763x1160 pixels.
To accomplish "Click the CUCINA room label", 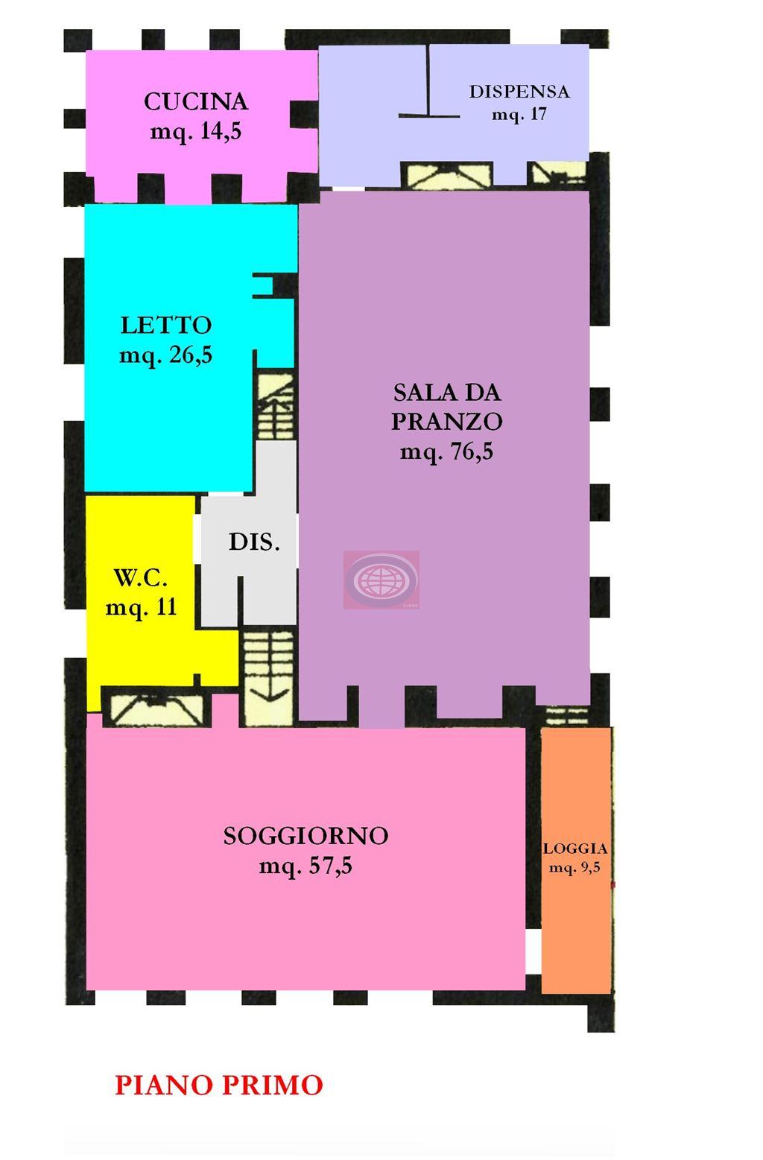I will click(195, 101).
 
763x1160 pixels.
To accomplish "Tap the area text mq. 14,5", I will click(195, 132).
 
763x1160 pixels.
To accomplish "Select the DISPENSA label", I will click(519, 92).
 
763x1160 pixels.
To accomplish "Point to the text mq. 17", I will click(519, 115).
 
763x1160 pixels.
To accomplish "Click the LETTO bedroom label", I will click(166, 325).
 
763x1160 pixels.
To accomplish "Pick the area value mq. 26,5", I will click(166, 355).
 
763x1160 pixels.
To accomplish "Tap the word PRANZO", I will click(446, 422).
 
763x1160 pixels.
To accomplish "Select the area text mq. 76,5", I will click(446, 451).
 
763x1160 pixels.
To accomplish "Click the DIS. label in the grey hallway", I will click(254, 542).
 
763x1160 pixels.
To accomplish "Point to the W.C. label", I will click(141, 577).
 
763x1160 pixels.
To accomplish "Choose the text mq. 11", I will click(141, 607).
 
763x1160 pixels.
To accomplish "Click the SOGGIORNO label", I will click(305, 836).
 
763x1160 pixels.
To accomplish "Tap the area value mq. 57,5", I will click(305, 866).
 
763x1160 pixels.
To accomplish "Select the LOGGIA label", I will click(574, 849).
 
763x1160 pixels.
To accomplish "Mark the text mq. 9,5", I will click(574, 867).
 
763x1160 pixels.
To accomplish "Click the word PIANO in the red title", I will click(162, 1085).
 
